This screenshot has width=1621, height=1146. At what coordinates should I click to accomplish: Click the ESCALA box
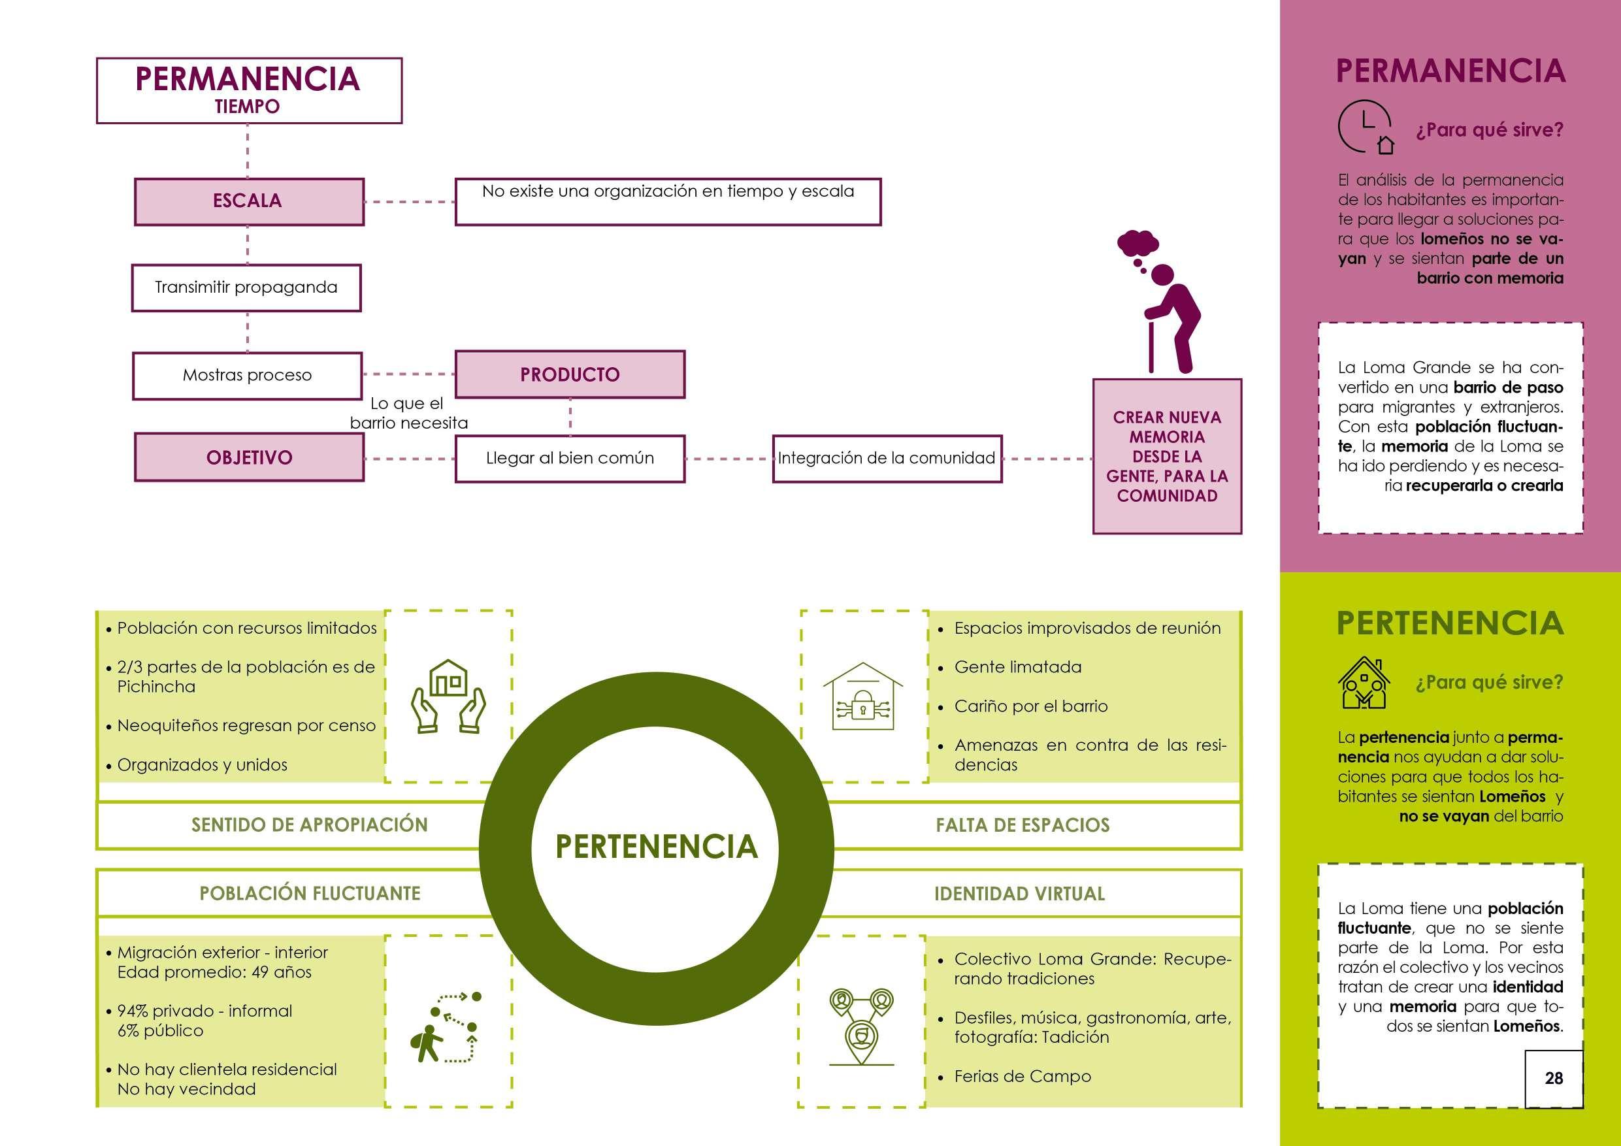pyautogui.click(x=248, y=201)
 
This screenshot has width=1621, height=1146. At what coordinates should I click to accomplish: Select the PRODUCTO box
pyautogui.click(x=570, y=374)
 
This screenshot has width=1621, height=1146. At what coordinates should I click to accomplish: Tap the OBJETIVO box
pyautogui.click(x=248, y=457)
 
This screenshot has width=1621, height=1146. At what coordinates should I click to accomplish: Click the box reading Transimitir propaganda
pyautogui.click(x=246, y=287)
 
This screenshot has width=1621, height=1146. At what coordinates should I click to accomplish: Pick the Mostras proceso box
pyautogui.click(x=247, y=375)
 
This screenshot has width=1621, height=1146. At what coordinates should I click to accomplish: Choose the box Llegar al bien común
pyautogui.click(x=570, y=458)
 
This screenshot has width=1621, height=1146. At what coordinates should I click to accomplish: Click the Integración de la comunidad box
pyautogui.click(x=887, y=458)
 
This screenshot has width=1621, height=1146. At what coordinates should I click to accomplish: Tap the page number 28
pyautogui.click(x=1553, y=1078)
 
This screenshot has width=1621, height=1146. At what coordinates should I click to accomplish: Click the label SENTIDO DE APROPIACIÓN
pyautogui.click(x=309, y=825)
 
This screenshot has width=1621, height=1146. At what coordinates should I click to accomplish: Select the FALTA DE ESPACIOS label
pyautogui.click(x=1023, y=825)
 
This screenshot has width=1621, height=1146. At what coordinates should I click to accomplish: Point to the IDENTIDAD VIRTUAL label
pyautogui.click(x=1019, y=894)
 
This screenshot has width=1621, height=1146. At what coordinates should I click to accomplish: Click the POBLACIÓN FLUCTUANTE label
pyautogui.click(x=309, y=894)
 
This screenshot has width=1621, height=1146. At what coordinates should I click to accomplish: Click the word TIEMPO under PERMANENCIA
pyautogui.click(x=247, y=106)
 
